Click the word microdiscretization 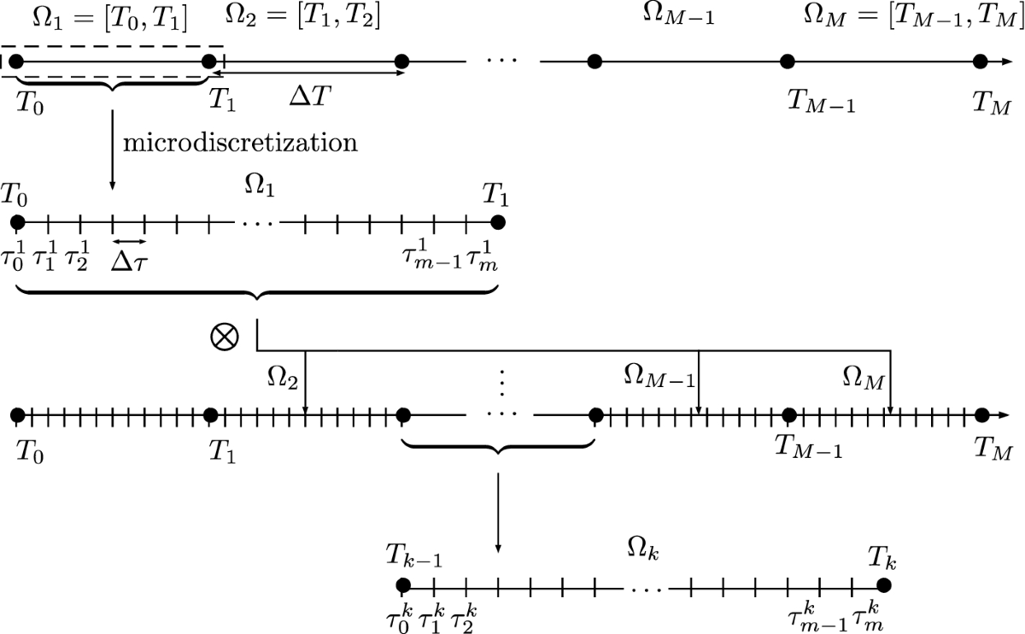click(x=240, y=142)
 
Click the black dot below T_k click(x=884, y=585)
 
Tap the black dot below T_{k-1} click(x=403, y=585)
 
